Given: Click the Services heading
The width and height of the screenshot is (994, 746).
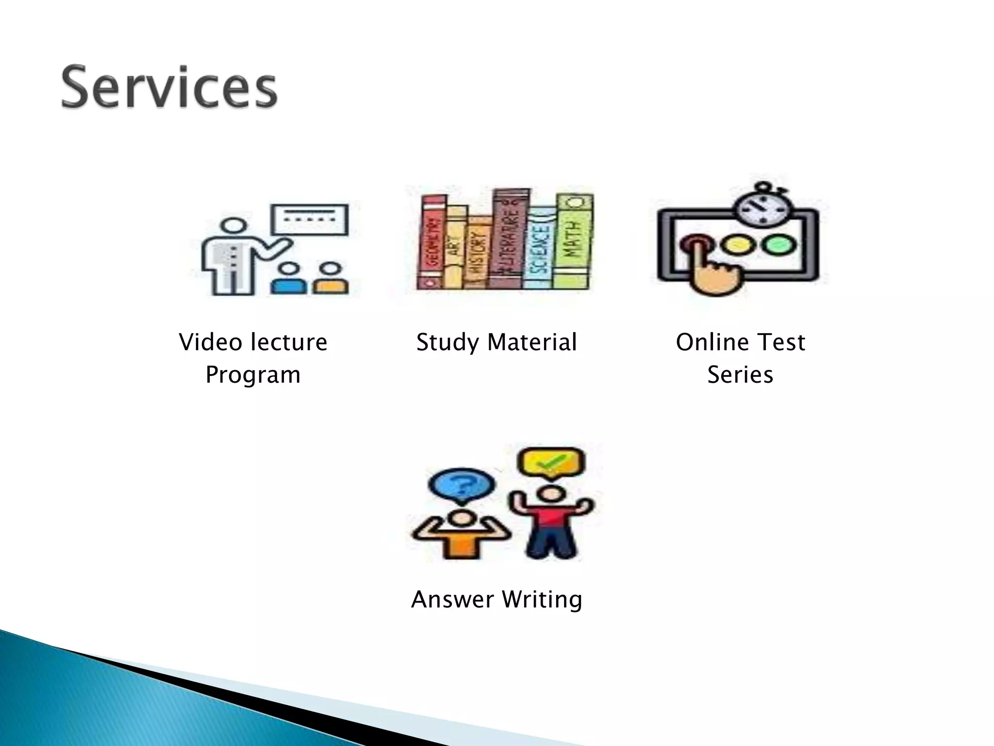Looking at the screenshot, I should click(x=169, y=87).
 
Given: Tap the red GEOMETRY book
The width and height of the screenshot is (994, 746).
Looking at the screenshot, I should click(x=433, y=242).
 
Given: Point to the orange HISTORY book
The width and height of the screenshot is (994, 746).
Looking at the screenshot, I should click(x=477, y=253).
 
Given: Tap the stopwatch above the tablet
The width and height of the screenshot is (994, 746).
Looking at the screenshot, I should click(x=761, y=206).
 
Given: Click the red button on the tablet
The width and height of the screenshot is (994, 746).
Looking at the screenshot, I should click(x=696, y=242).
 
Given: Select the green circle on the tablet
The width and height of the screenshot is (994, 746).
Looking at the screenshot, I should click(x=778, y=244).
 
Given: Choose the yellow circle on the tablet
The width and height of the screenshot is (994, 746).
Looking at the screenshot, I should click(x=737, y=244).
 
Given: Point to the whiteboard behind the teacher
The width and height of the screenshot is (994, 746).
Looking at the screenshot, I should click(x=310, y=219).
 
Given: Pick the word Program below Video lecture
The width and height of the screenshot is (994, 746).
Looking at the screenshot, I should click(x=253, y=375).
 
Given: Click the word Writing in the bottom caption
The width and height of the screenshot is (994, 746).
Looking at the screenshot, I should click(x=542, y=599).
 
